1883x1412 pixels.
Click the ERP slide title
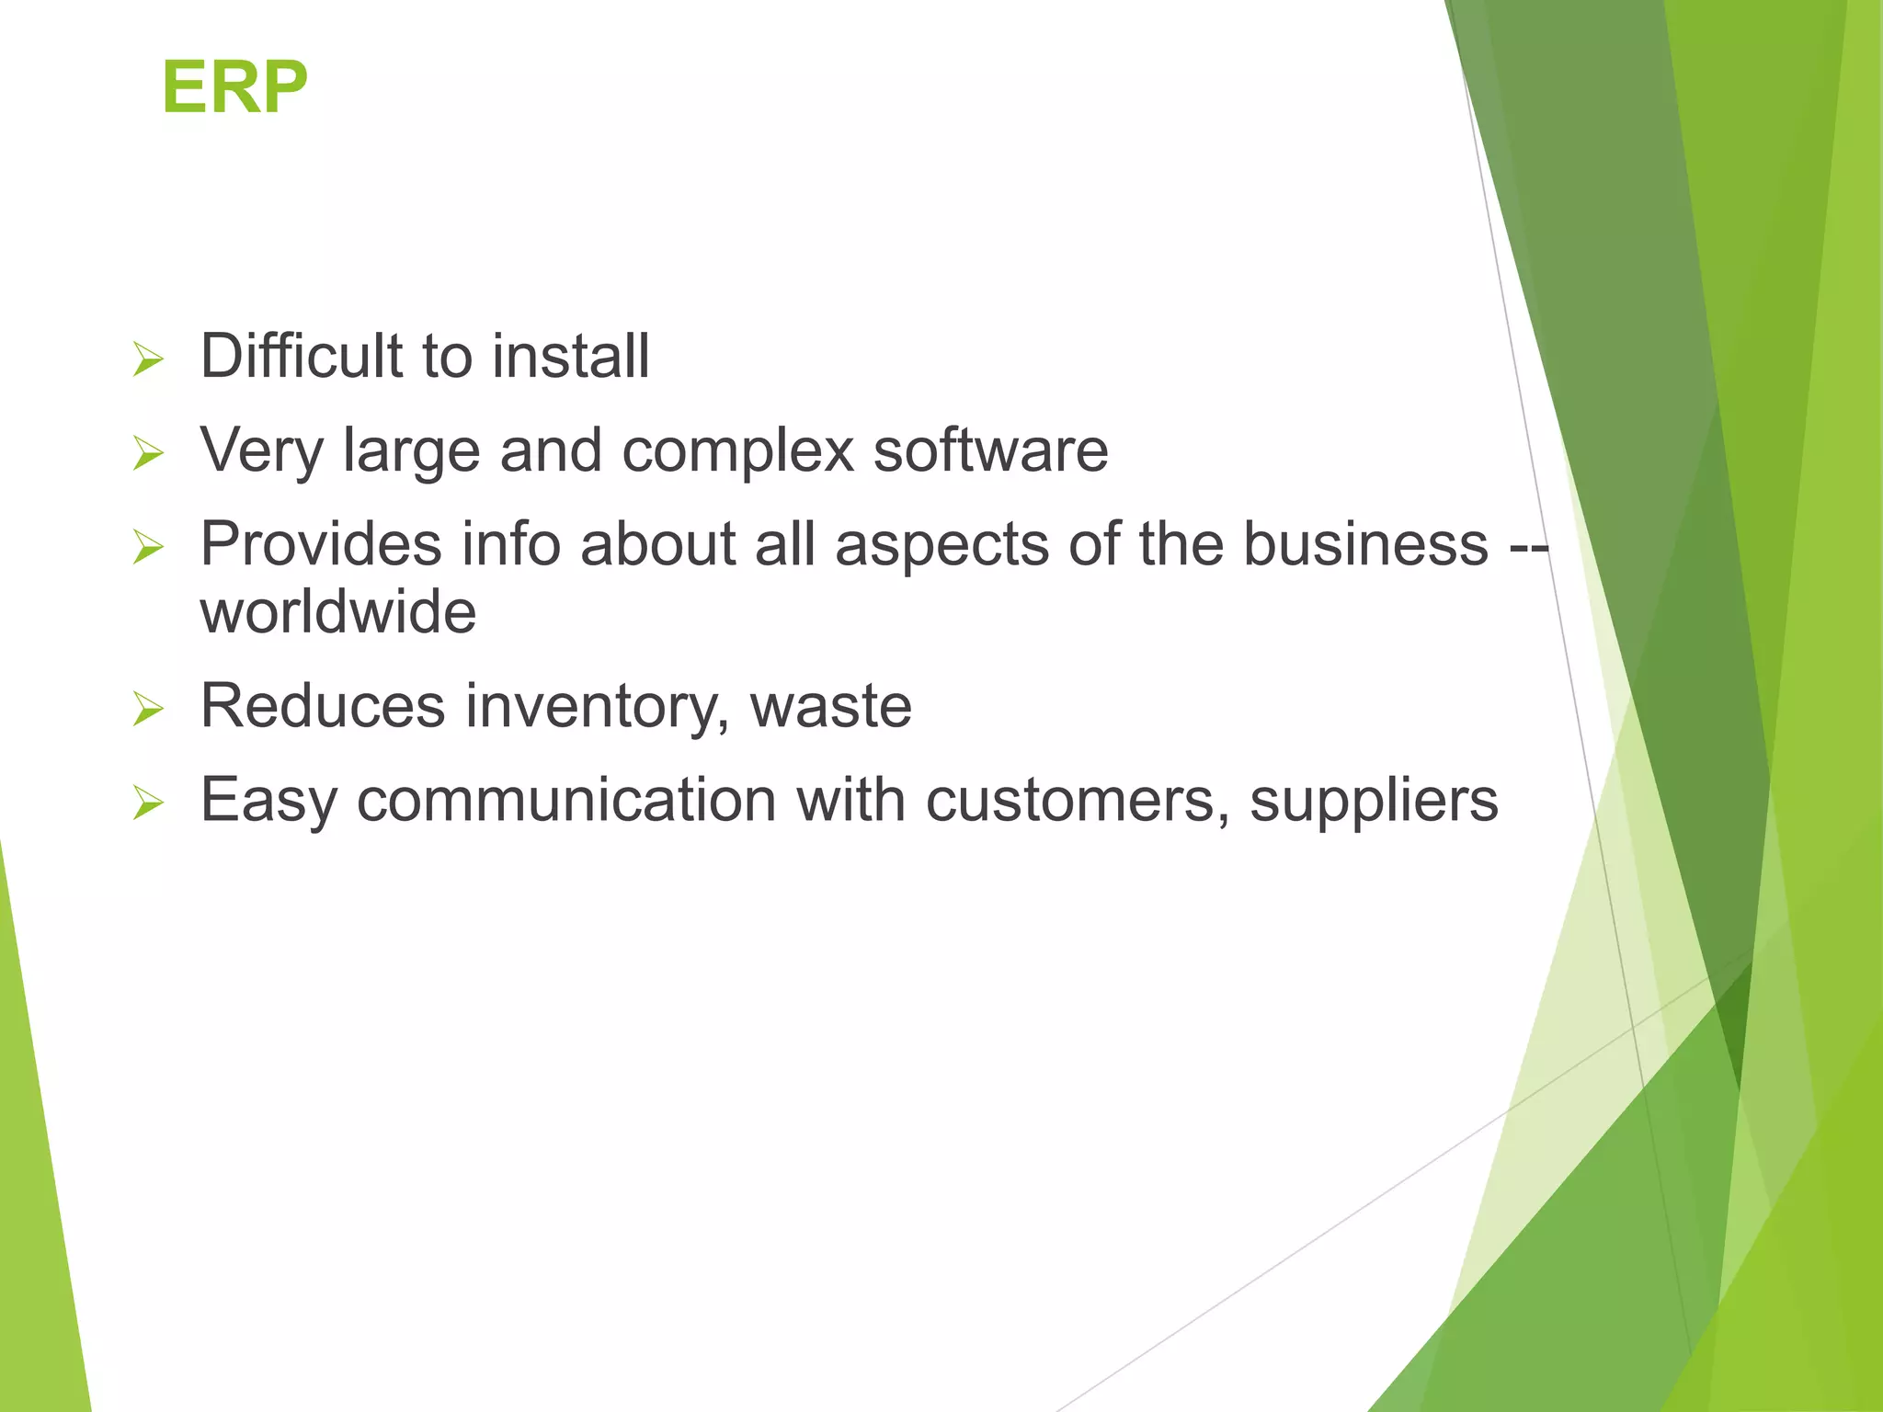point(234,87)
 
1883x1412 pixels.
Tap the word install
point(570,356)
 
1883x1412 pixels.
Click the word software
point(990,451)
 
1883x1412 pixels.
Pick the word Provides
point(321,543)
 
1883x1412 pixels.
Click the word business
point(1365,543)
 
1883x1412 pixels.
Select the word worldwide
point(338,612)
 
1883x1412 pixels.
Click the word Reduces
point(323,706)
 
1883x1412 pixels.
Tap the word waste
point(831,706)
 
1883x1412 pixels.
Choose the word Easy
point(268,802)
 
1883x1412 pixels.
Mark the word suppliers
point(1374,802)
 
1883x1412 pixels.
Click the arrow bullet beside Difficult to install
point(147,359)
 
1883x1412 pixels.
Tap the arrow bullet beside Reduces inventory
point(147,709)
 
